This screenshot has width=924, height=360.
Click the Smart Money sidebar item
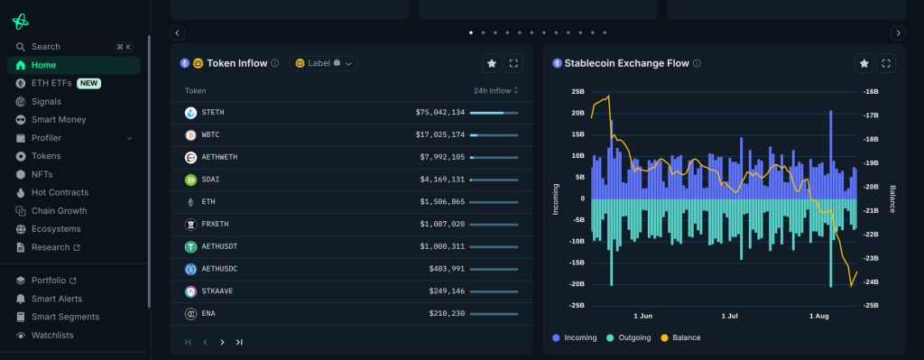58,119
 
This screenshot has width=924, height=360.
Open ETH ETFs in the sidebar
51,83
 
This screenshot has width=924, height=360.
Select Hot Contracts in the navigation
60,192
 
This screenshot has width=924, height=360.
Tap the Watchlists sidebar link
51,335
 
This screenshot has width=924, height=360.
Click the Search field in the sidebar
45,47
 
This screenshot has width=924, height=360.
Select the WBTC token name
211,135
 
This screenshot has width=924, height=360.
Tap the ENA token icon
190,313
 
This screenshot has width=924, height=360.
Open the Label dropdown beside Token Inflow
323,63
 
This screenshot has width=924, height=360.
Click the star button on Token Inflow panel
491,63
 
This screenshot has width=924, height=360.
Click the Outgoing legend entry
634,337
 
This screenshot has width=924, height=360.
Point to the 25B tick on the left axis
577,92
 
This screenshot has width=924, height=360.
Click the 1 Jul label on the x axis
730,317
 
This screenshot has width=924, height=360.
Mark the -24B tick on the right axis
872,282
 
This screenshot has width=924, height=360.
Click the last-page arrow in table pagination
239,342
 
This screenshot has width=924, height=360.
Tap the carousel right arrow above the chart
897,32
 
